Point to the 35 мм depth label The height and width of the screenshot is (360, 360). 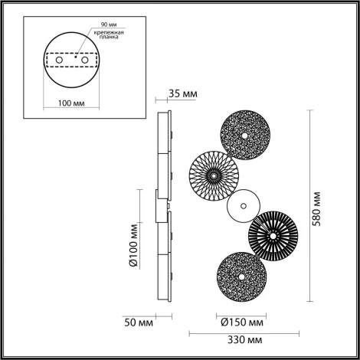click(182, 94)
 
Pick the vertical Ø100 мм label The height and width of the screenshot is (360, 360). click(133, 244)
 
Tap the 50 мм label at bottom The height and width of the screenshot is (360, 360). click(139, 322)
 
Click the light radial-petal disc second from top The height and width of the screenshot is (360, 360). click(214, 173)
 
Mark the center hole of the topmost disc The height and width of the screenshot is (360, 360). click(244, 136)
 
